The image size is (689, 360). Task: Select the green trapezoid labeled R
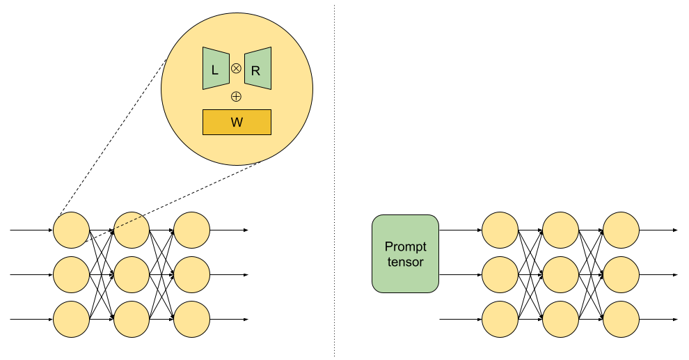click(x=258, y=68)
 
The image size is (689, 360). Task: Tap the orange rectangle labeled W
click(x=237, y=122)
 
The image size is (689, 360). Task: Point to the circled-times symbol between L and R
click(x=236, y=68)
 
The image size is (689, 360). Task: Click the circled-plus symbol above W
click(x=236, y=96)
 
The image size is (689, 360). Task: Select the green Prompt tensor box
click(x=405, y=253)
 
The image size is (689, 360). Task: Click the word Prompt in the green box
click(x=405, y=246)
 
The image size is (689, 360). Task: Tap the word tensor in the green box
click(x=405, y=262)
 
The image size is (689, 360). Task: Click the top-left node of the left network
click(x=72, y=230)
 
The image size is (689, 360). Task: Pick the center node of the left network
click(x=132, y=274)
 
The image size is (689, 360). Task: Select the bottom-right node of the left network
click(x=191, y=320)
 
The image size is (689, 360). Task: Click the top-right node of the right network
click(x=621, y=230)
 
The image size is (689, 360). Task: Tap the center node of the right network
click(x=561, y=274)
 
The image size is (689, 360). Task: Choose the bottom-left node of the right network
click(x=500, y=320)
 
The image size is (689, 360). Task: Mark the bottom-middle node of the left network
click(x=132, y=320)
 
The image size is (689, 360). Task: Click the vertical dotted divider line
click(x=334, y=181)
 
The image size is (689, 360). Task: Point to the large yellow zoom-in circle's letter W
click(x=237, y=122)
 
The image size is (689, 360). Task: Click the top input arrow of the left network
click(x=31, y=230)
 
